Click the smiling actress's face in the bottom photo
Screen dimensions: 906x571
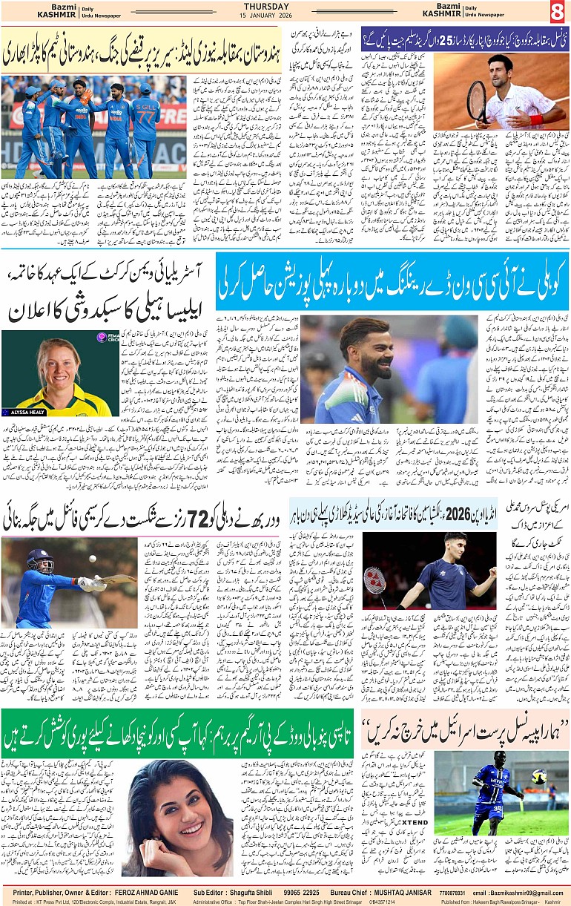pos(175,801)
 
